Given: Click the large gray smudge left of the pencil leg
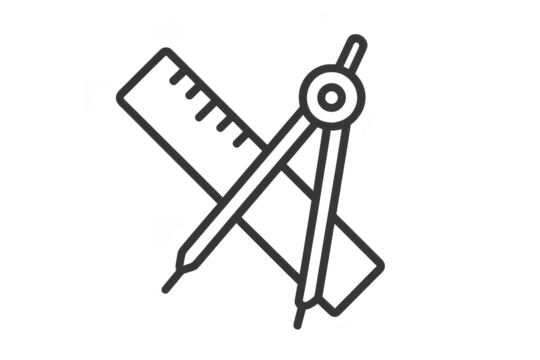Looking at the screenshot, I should click(x=163, y=227).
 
